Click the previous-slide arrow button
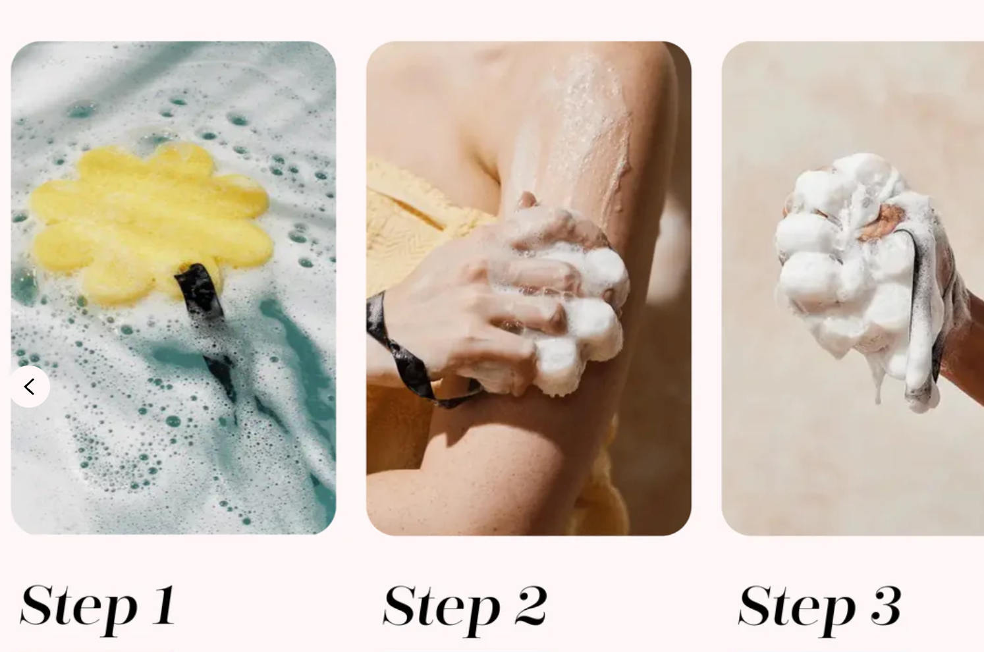30,387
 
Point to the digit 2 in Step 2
531,605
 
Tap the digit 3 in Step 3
886,605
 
